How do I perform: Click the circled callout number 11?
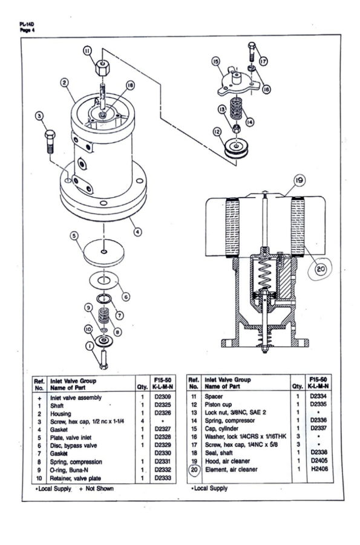[x=87, y=51]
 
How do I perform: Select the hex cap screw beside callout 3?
[x=50, y=142]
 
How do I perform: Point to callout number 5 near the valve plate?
[x=74, y=236]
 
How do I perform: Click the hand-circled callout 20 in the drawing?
[x=320, y=269]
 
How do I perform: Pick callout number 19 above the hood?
[x=299, y=180]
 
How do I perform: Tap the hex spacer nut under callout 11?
[x=102, y=68]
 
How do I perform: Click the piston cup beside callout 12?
[x=237, y=148]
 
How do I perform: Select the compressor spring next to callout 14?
[x=236, y=108]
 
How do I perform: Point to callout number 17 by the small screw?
[x=263, y=62]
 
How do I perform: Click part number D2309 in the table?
[x=163, y=397]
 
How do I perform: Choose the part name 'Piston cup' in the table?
[x=218, y=405]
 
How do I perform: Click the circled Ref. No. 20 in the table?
[x=194, y=469]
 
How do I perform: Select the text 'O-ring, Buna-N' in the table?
[x=69, y=470]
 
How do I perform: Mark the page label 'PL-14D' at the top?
[x=27, y=24]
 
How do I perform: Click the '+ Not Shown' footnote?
[x=96, y=488]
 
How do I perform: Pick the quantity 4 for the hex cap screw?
[x=142, y=421]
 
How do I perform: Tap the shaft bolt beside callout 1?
[x=103, y=360]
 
